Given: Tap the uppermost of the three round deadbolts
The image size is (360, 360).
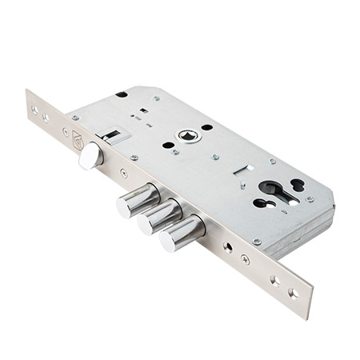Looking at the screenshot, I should [x=138, y=200].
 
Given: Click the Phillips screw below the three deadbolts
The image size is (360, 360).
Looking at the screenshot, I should [x=245, y=259].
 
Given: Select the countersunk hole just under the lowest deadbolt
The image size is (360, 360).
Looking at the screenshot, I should [x=228, y=247].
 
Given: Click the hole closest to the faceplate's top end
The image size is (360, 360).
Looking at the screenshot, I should [x=34, y=109].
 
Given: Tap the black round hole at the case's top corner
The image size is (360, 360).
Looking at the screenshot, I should [x=122, y=94].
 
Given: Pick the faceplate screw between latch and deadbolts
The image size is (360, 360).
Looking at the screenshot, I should [x=124, y=172].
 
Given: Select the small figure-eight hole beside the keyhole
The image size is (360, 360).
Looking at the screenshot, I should [x=298, y=185].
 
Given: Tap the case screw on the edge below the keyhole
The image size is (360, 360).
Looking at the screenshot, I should [x=257, y=241].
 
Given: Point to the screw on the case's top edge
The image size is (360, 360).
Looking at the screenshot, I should [x=157, y=98].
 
